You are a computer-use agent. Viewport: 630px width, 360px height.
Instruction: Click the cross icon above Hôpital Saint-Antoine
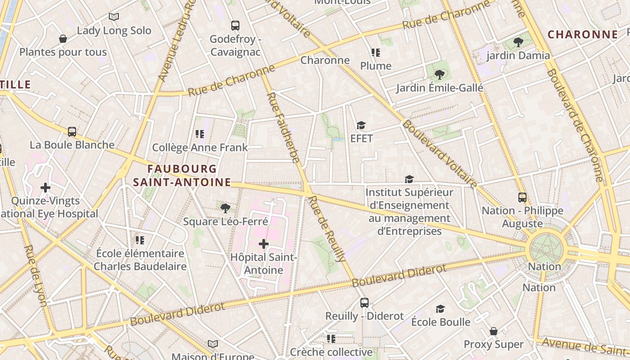pos(264,244)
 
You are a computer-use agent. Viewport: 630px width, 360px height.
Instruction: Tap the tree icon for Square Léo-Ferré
pos(225,208)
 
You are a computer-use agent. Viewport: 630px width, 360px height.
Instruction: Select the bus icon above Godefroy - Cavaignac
pos(235,26)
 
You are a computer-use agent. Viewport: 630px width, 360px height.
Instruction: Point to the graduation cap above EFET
pos(361,125)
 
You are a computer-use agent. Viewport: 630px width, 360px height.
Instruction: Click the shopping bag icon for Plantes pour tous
pos(63,39)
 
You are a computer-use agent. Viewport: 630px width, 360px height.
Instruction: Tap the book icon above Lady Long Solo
pos(114,17)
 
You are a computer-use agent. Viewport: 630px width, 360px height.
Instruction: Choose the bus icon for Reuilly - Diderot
pos(364,303)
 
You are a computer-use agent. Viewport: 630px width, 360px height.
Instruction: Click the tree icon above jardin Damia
pos(518,42)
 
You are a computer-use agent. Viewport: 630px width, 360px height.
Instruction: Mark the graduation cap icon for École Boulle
pos(440,309)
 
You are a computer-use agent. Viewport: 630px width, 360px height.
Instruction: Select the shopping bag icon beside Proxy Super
pos(494,331)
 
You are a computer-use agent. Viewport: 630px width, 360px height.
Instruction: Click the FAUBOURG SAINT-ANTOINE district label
pos(182,175)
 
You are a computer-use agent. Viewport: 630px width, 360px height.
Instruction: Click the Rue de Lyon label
pos(36,275)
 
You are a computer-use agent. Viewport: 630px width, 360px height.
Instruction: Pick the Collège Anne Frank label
pos(200,148)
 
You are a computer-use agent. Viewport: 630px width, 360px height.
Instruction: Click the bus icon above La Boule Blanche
pos(72,132)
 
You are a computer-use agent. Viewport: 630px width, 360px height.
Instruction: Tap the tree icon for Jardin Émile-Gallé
pos(440,75)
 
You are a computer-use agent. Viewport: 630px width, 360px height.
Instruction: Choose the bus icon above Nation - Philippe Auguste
pos(522,197)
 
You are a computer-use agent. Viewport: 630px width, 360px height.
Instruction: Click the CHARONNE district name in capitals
pos(583,34)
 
